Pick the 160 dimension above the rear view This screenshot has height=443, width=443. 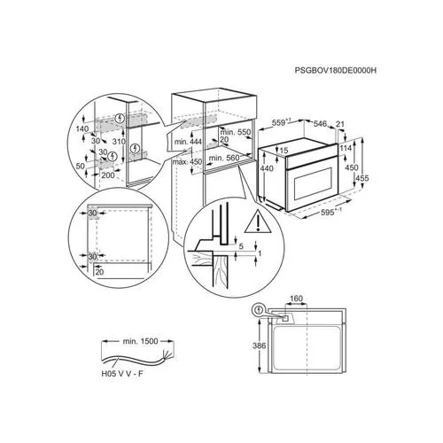(x=296, y=299)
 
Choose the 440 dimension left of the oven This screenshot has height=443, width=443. (x=267, y=167)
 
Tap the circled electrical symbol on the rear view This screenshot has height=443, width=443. (x=259, y=310)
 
